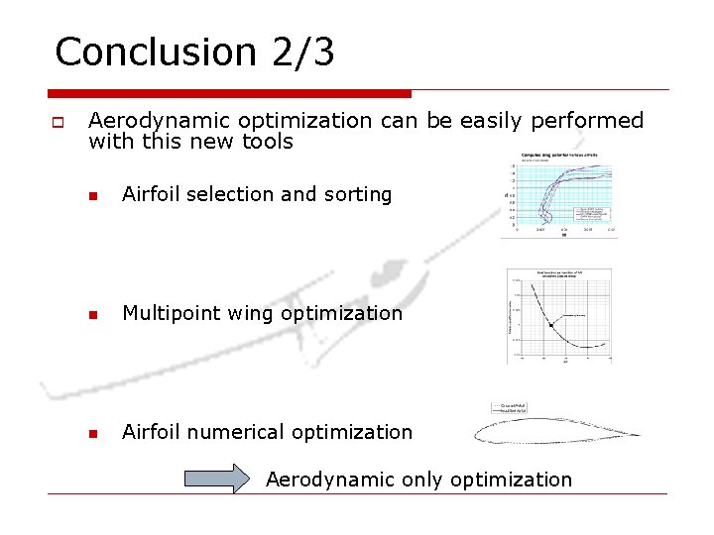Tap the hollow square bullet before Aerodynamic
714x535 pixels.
pyautogui.click(x=57, y=124)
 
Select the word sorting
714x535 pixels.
pyautogui.click(x=353, y=195)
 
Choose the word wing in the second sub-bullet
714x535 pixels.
pyautogui.click(x=250, y=314)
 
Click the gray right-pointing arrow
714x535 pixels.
pyautogui.click(x=217, y=479)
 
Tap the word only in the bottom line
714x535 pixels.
pyautogui.click(x=423, y=480)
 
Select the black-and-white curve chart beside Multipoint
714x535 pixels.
pyautogui.click(x=558, y=315)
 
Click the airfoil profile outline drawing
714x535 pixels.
pyautogui.click(x=555, y=431)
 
